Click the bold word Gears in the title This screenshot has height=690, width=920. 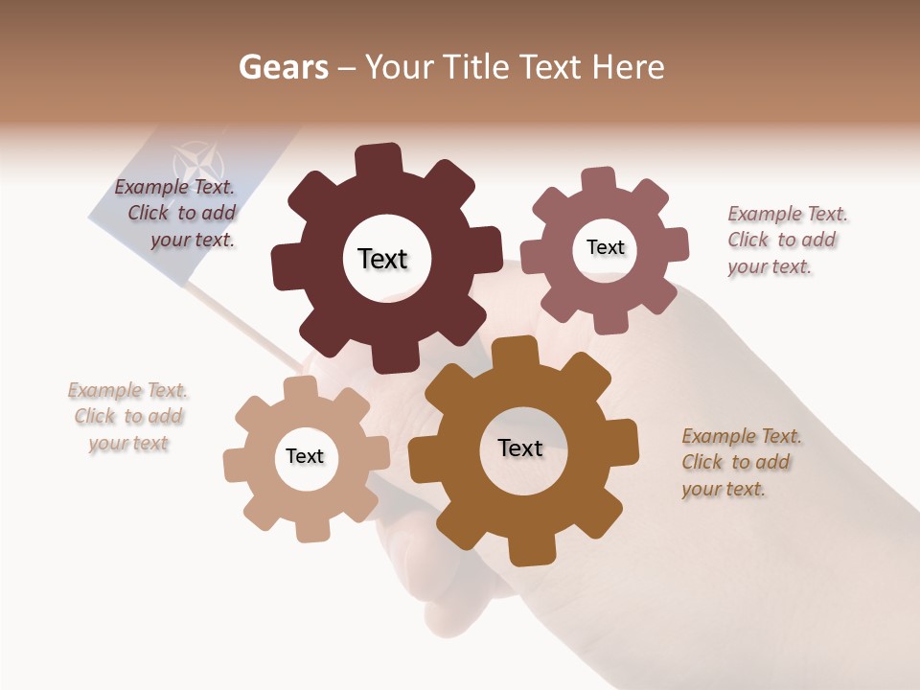[x=283, y=67]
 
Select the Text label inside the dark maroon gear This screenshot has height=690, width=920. [x=382, y=259]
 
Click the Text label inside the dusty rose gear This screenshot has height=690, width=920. [x=605, y=247]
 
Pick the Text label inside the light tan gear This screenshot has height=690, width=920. [x=305, y=456]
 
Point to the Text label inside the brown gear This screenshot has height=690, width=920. [x=520, y=448]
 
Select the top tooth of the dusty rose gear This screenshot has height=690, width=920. [x=599, y=181]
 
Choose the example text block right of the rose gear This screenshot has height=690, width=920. [x=786, y=240]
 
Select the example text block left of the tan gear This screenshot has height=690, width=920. [x=128, y=417]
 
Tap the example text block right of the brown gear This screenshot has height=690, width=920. [x=740, y=462]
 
